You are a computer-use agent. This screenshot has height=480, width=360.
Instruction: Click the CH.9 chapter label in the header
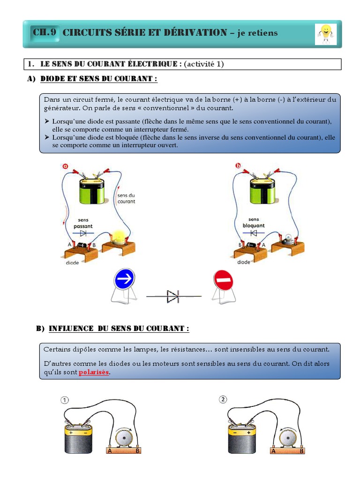[x=45, y=32]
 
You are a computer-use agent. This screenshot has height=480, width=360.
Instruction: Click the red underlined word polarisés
[x=94, y=372]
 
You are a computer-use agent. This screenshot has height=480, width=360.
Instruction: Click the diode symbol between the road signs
[x=173, y=296]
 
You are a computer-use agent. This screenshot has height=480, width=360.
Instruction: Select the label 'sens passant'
[x=83, y=223]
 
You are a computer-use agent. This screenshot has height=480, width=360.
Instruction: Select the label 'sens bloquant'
[x=253, y=223]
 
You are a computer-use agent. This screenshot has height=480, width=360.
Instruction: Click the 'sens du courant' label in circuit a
[x=126, y=198]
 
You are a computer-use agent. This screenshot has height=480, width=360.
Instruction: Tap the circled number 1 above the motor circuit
[x=64, y=400]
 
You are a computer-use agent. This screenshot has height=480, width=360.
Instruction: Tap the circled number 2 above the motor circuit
[x=223, y=399]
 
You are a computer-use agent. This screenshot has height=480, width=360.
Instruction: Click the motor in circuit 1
[x=124, y=438]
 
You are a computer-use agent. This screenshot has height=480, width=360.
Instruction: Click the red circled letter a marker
[x=65, y=165]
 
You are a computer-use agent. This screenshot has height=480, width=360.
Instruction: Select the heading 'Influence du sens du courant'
[x=119, y=329]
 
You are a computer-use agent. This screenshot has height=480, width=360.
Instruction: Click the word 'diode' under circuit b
[x=244, y=262]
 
